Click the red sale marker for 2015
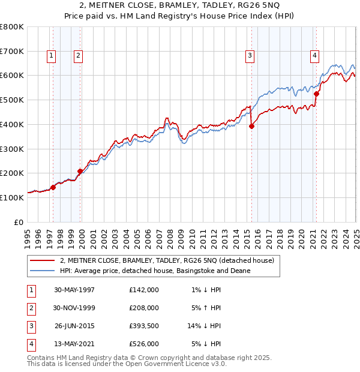click(x=251, y=126)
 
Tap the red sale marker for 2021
click(x=316, y=93)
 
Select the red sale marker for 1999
click(x=80, y=171)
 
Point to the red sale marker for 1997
click(x=53, y=187)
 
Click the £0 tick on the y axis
click(x=18, y=222)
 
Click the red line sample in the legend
click(x=42, y=260)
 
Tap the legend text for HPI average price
click(x=155, y=271)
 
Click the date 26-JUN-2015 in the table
click(x=74, y=326)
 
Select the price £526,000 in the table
click(x=143, y=344)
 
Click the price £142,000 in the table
click(x=143, y=290)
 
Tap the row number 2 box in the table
click(x=29, y=308)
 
